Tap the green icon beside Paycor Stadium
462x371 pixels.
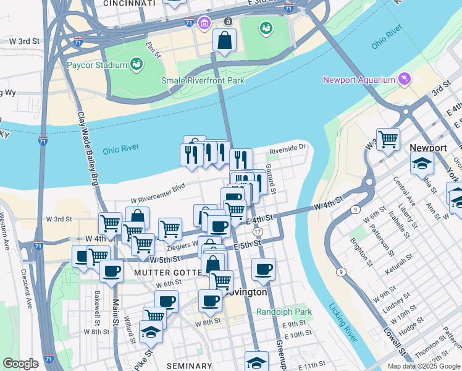click(136, 64)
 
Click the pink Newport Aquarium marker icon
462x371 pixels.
click(405, 79)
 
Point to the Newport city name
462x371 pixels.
click(428, 148)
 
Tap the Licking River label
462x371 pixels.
click(345, 322)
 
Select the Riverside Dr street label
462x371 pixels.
click(287, 148)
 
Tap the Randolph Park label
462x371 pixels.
click(284, 312)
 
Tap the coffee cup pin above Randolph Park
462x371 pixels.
click(263, 269)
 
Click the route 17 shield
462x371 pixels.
click(258, 231)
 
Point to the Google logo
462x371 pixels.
click(20, 363)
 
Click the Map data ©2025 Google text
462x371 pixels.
click(424, 366)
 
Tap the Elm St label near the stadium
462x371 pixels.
click(153, 50)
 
